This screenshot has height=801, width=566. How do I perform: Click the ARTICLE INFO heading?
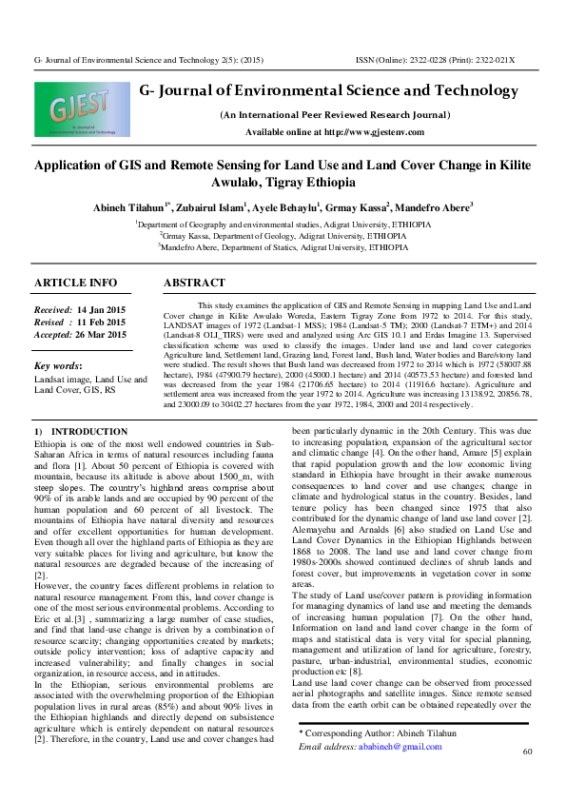pos(76,283)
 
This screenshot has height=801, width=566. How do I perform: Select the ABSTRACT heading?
pos(194,283)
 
